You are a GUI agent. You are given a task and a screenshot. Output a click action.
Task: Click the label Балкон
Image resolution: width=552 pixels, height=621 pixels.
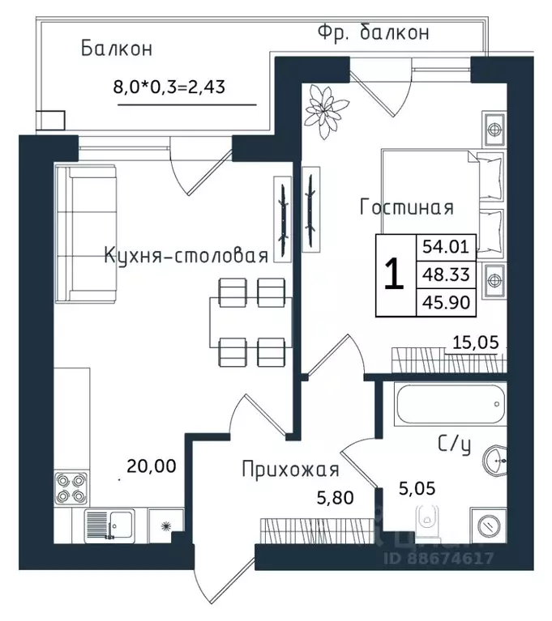[116, 49]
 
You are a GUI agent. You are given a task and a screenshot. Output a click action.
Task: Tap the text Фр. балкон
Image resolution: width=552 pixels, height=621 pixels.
[372, 33]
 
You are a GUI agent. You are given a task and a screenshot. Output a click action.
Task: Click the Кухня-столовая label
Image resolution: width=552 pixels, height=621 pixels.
[186, 257]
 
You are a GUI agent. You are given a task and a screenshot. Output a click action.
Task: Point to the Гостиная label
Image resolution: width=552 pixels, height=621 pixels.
[406, 207]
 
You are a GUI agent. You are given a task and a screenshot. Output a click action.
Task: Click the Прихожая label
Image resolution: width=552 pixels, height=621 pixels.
[290, 469]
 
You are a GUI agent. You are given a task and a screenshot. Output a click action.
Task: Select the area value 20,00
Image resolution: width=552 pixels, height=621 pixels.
[151, 466]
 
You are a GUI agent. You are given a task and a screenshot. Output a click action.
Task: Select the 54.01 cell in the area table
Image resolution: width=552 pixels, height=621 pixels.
[446, 246]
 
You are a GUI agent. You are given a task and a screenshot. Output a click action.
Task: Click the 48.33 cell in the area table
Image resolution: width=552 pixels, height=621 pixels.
[446, 275]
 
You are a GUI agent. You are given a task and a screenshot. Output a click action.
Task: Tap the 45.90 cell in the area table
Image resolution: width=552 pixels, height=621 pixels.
[446, 303]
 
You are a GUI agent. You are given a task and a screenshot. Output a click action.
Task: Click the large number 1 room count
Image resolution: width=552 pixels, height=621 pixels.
[393, 275]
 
